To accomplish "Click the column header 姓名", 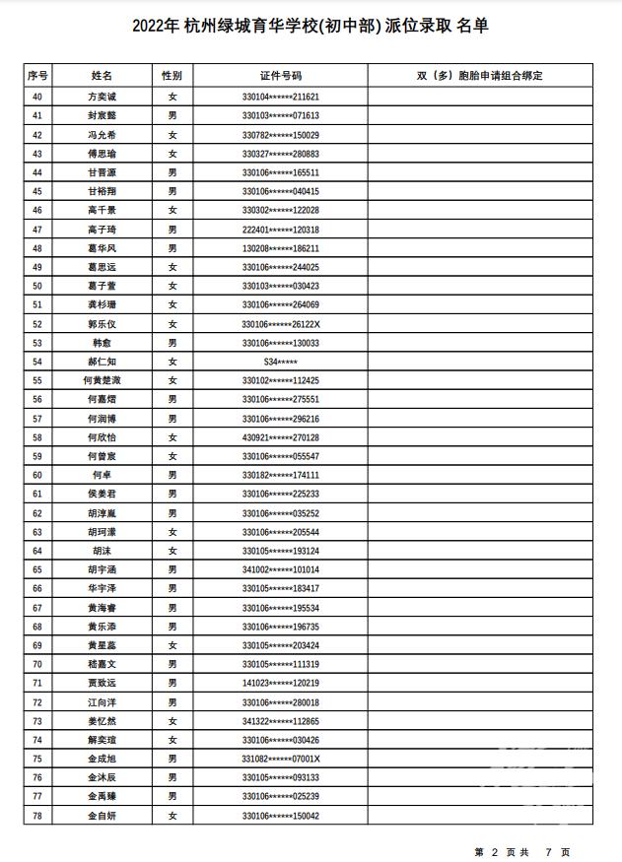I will pyautogui.click(x=103, y=75).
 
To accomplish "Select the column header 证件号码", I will pyautogui.click(x=281, y=75).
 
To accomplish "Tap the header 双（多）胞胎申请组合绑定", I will pyautogui.click(x=480, y=75).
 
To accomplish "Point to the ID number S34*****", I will pyautogui.click(x=281, y=362).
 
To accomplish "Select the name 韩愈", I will pyautogui.click(x=103, y=343).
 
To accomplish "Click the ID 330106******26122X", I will pyautogui.click(x=281, y=324).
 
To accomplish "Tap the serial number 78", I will pyautogui.click(x=37, y=816).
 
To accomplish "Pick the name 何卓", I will pyautogui.click(x=103, y=475).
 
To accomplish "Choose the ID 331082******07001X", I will pyautogui.click(x=281, y=759).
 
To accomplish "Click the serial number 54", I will pyautogui.click(x=37, y=362).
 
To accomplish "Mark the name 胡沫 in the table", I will pyautogui.click(x=103, y=551).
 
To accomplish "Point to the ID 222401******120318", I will pyautogui.click(x=281, y=230).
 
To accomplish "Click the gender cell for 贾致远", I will pyautogui.click(x=173, y=683).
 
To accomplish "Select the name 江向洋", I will pyautogui.click(x=103, y=702).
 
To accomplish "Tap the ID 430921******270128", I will pyautogui.click(x=281, y=437).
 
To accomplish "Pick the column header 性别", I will pyautogui.click(x=173, y=75).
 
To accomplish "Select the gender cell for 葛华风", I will pyautogui.click(x=173, y=248).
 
